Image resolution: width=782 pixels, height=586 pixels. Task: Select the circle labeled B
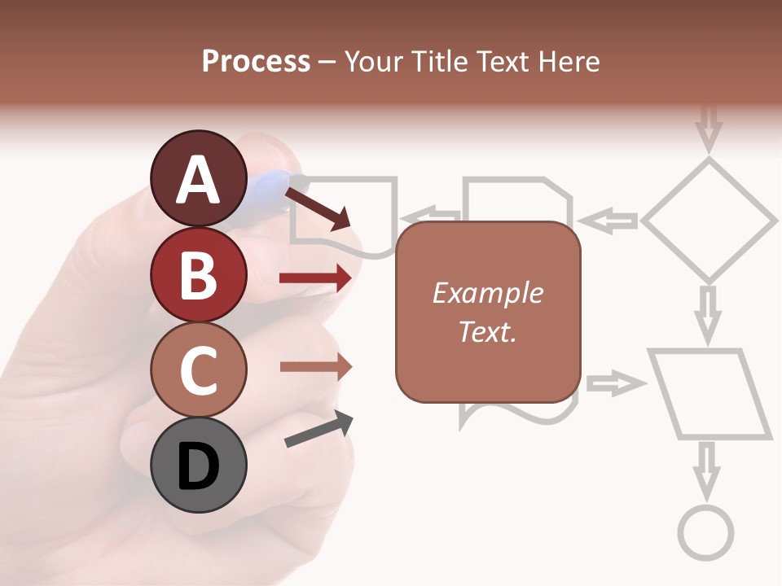pos(199,274)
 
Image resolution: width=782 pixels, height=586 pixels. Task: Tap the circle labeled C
pos(199,370)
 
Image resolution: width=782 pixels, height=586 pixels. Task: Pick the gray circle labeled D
pos(199,466)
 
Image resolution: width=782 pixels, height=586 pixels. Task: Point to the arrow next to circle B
pos(315,278)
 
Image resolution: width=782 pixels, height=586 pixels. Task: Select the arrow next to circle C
pos(315,366)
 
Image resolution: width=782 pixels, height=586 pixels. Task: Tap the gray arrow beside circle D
pos(319,429)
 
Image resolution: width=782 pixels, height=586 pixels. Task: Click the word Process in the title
pos(256,62)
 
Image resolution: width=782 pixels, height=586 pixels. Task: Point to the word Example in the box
pos(487,293)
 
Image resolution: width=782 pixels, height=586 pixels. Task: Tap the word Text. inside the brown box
pos(487,332)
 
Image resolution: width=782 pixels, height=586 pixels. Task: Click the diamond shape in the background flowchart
pos(710,220)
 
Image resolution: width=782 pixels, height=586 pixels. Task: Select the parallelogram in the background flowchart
pos(710,394)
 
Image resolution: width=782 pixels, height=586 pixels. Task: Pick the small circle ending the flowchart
pos(706,534)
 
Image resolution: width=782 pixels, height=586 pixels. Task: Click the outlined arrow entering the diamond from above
pos(710,126)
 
